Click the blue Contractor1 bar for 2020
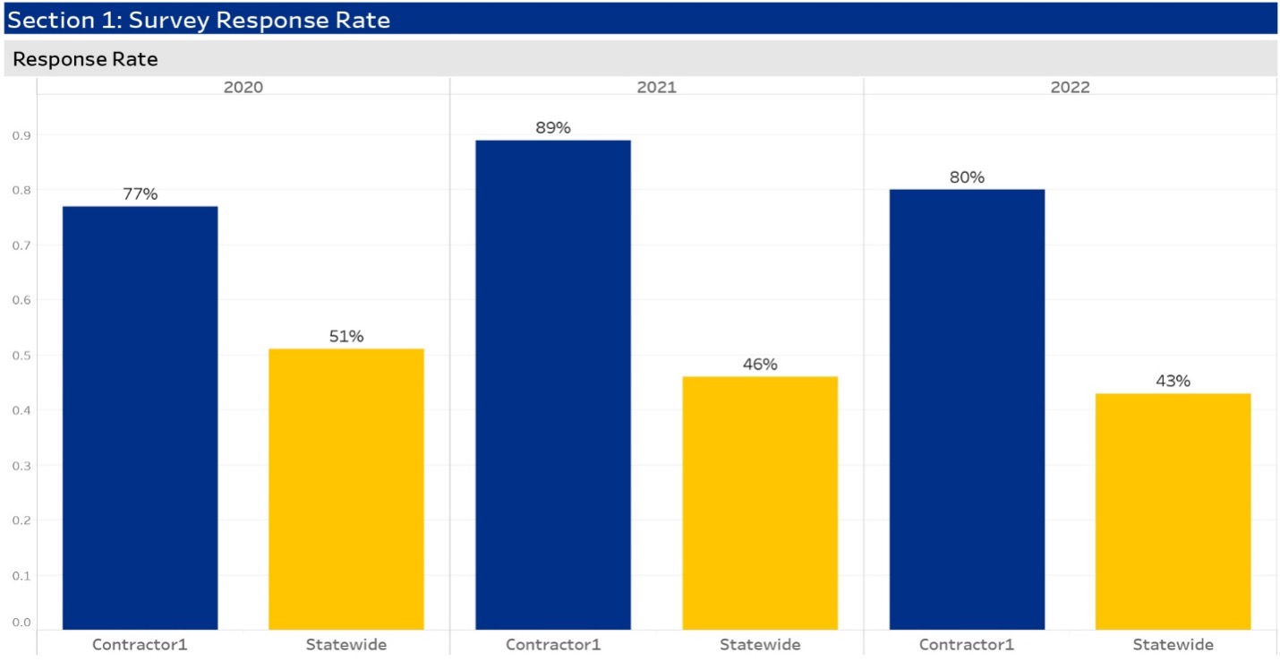pyautogui.click(x=140, y=417)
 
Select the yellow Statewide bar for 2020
pyautogui.click(x=346, y=489)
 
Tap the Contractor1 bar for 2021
pyautogui.click(x=552, y=385)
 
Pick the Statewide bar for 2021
pyautogui.click(x=760, y=503)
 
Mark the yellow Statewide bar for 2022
pyautogui.click(x=1173, y=511)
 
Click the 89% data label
pyautogui.click(x=552, y=127)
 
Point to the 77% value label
pyautogui.click(x=140, y=193)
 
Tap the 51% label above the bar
pyautogui.click(x=346, y=336)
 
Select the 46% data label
pyautogui.click(x=760, y=364)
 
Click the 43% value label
pyautogui.click(x=1173, y=381)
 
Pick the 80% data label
pyautogui.click(x=967, y=176)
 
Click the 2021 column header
pyautogui.click(x=657, y=87)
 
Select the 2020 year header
pyautogui.click(x=243, y=87)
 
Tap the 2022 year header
pyautogui.click(x=1070, y=87)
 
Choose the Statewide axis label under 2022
pyautogui.click(x=1173, y=644)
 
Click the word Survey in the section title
pyautogui.click(x=167, y=20)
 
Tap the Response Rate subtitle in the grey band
pyautogui.click(x=85, y=60)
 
